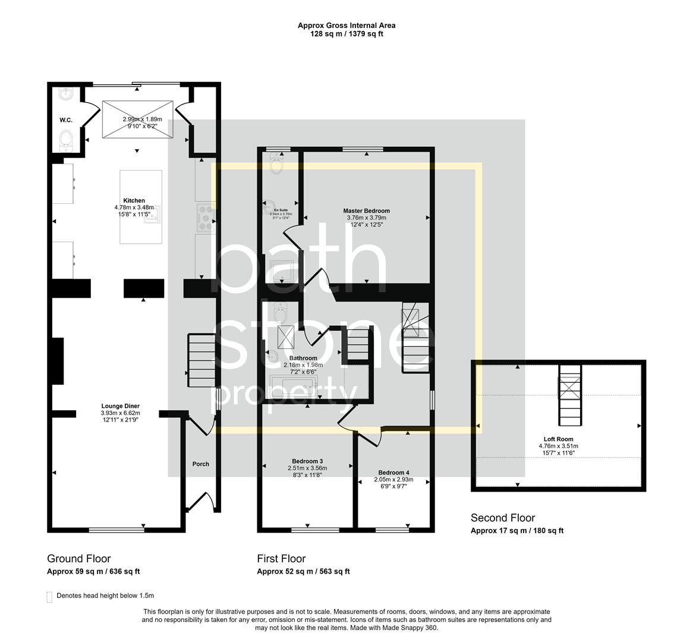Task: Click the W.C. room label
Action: tap(65, 120)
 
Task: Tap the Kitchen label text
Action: tap(134, 200)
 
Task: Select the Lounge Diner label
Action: tap(120, 406)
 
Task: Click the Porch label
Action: tap(201, 464)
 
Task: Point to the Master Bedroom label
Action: tap(366, 210)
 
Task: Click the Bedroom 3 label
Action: tap(307, 461)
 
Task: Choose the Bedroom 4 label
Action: tap(393, 473)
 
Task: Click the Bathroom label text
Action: tap(300, 358)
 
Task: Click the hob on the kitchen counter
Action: tap(206, 217)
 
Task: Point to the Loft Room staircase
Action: tap(569, 395)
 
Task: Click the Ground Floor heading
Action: tap(78, 558)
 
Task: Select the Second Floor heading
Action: tap(502, 518)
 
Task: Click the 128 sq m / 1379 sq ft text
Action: tap(346, 34)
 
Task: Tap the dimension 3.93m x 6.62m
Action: tap(120, 413)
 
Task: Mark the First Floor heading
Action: tap(281, 558)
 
